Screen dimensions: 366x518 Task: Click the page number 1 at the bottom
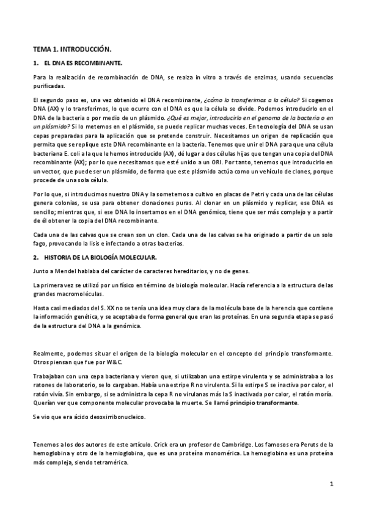331,484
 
